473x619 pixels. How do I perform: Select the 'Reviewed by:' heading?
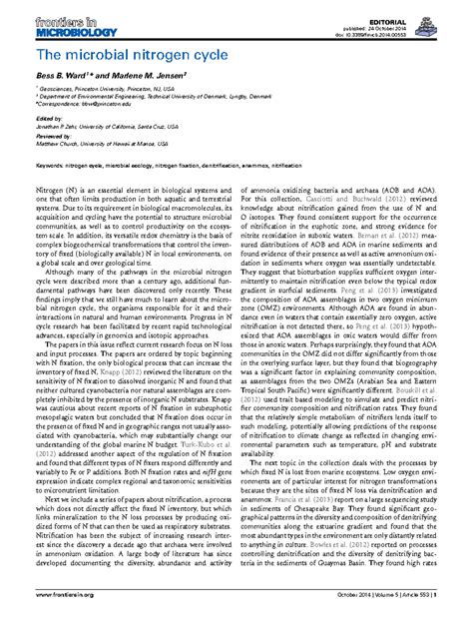point(54,136)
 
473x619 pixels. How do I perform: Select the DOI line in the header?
point(420,24)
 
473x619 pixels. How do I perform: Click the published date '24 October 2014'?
point(430,16)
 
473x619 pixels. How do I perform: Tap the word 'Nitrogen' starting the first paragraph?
point(49,188)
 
